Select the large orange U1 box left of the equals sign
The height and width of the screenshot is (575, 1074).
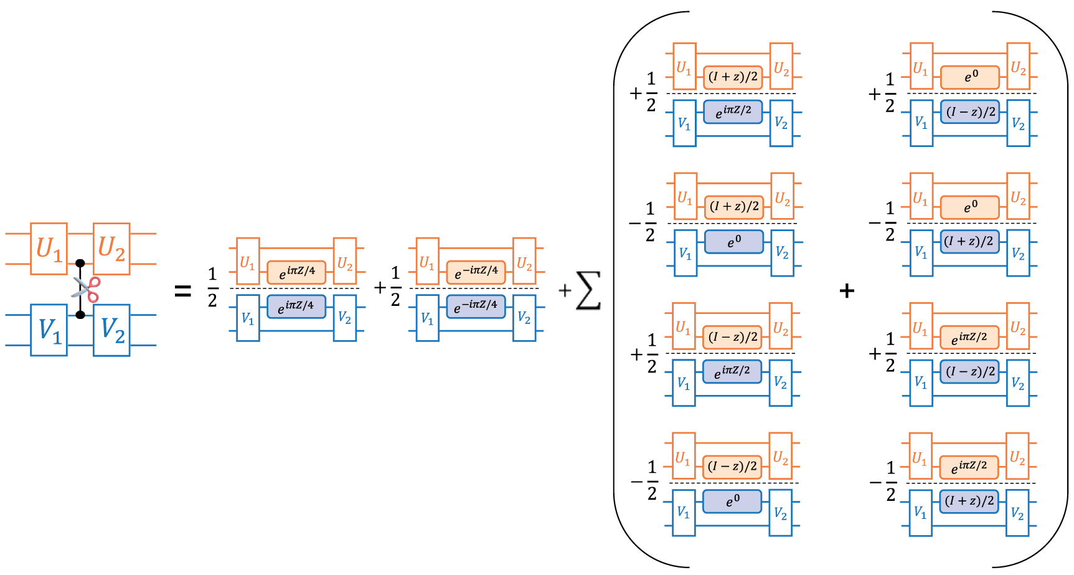coord(49,249)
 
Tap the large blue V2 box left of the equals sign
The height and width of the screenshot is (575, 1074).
coord(112,330)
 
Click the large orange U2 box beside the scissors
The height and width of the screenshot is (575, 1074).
coord(112,249)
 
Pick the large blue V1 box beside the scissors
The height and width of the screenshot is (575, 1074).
coord(49,330)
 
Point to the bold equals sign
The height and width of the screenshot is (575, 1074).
coord(182,290)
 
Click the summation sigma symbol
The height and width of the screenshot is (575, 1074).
coord(588,290)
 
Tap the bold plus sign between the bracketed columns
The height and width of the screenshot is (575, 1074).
coord(847,290)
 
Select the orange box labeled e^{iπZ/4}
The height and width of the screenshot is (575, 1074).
coord(296,272)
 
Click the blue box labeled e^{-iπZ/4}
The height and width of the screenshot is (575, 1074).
coord(476,307)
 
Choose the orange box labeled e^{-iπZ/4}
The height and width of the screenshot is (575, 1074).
coord(476,272)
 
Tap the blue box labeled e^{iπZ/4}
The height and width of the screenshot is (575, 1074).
coord(296,307)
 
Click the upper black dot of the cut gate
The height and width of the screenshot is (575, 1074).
coord(80,264)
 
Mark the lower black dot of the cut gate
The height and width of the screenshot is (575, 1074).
coord(80,315)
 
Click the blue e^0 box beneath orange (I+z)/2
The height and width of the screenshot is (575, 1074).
coord(734,242)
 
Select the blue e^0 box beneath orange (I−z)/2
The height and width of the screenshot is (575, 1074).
coord(733,501)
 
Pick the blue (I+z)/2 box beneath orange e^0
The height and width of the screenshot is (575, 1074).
coord(969,242)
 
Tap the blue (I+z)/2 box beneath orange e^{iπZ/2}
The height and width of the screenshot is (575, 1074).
coord(969,501)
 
